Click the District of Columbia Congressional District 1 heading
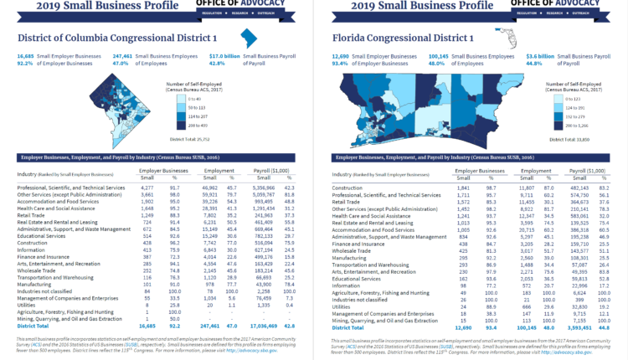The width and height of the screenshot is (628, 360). tap(112, 39)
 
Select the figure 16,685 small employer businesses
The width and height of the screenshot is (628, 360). tap(26, 55)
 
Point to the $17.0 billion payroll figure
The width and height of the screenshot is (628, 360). tap(224, 55)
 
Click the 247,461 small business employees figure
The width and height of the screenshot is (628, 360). tap(123, 55)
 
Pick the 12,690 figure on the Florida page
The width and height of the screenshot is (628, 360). tap(341, 55)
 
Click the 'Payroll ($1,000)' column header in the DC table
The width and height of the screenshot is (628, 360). tap(267, 170)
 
